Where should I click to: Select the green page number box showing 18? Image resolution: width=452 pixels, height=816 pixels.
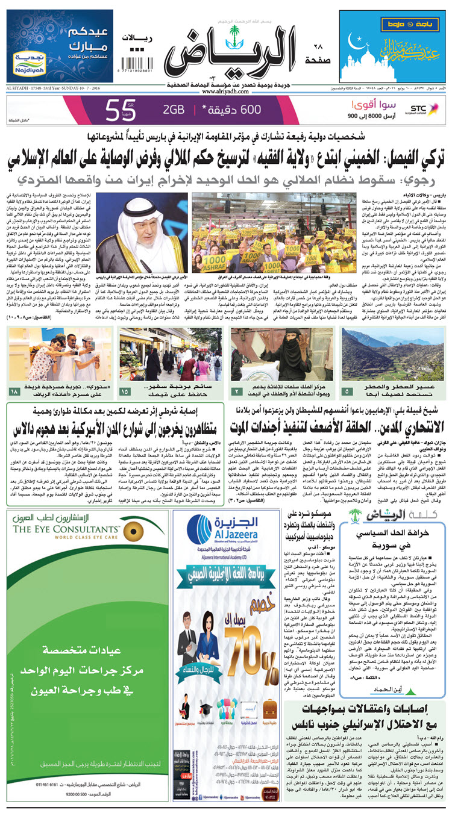[14, 393]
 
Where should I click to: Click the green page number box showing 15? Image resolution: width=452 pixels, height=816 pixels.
[125, 393]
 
